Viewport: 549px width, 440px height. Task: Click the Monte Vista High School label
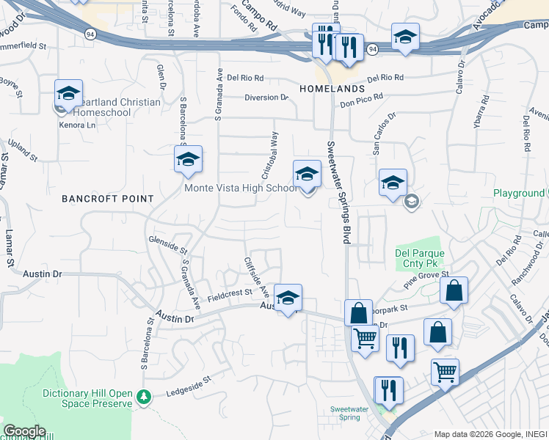pyautogui.click(x=239, y=188)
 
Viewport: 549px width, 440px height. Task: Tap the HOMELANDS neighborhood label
pyautogui.click(x=332, y=89)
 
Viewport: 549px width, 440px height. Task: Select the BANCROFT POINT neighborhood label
pyautogui.click(x=108, y=199)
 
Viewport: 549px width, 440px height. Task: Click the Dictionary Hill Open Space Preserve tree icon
pyautogui.click(x=145, y=396)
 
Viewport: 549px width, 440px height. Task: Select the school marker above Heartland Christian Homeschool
pyautogui.click(x=68, y=94)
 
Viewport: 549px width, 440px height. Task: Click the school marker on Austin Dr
pyautogui.click(x=288, y=298)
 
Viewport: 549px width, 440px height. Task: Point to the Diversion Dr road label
pyautogui.click(x=266, y=98)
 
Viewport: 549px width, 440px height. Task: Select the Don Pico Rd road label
pyautogui.click(x=362, y=100)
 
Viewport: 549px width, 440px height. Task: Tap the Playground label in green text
pyautogui.click(x=518, y=194)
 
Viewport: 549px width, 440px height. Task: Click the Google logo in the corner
pyautogui.click(x=23, y=431)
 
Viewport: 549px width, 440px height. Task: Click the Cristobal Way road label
pyautogui.click(x=269, y=155)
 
